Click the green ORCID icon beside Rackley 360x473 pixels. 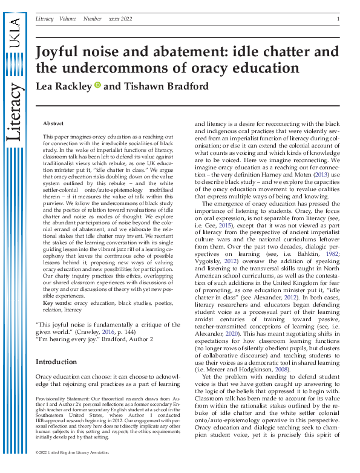click(97, 86)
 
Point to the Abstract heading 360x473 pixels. click(53, 123)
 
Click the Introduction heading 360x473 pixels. click(56, 362)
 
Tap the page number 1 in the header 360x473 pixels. click(337, 19)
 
